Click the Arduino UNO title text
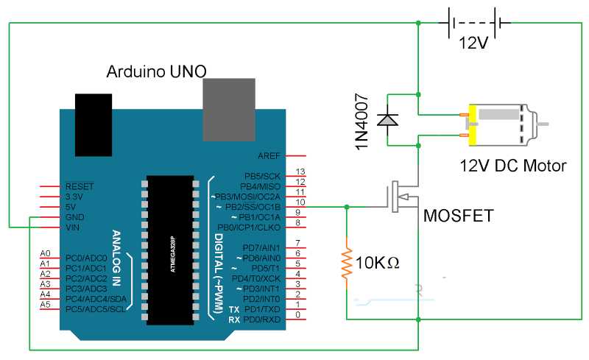pyautogui.click(x=156, y=71)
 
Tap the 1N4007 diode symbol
pyautogui.click(x=385, y=119)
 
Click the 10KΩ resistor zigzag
pyautogui.click(x=346, y=262)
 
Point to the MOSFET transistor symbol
pyautogui.click(x=398, y=198)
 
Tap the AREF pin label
pyautogui.click(x=269, y=156)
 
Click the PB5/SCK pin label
pyautogui.click(x=263, y=177)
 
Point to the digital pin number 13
pyautogui.click(x=300, y=172)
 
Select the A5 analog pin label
pyautogui.click(x=45, y=304)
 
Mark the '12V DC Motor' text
pyautogui.click(x=513, y=166)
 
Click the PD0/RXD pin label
pyautogui.click(x=262, y=320)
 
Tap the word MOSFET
pyautogui.click(x=458, y=216)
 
